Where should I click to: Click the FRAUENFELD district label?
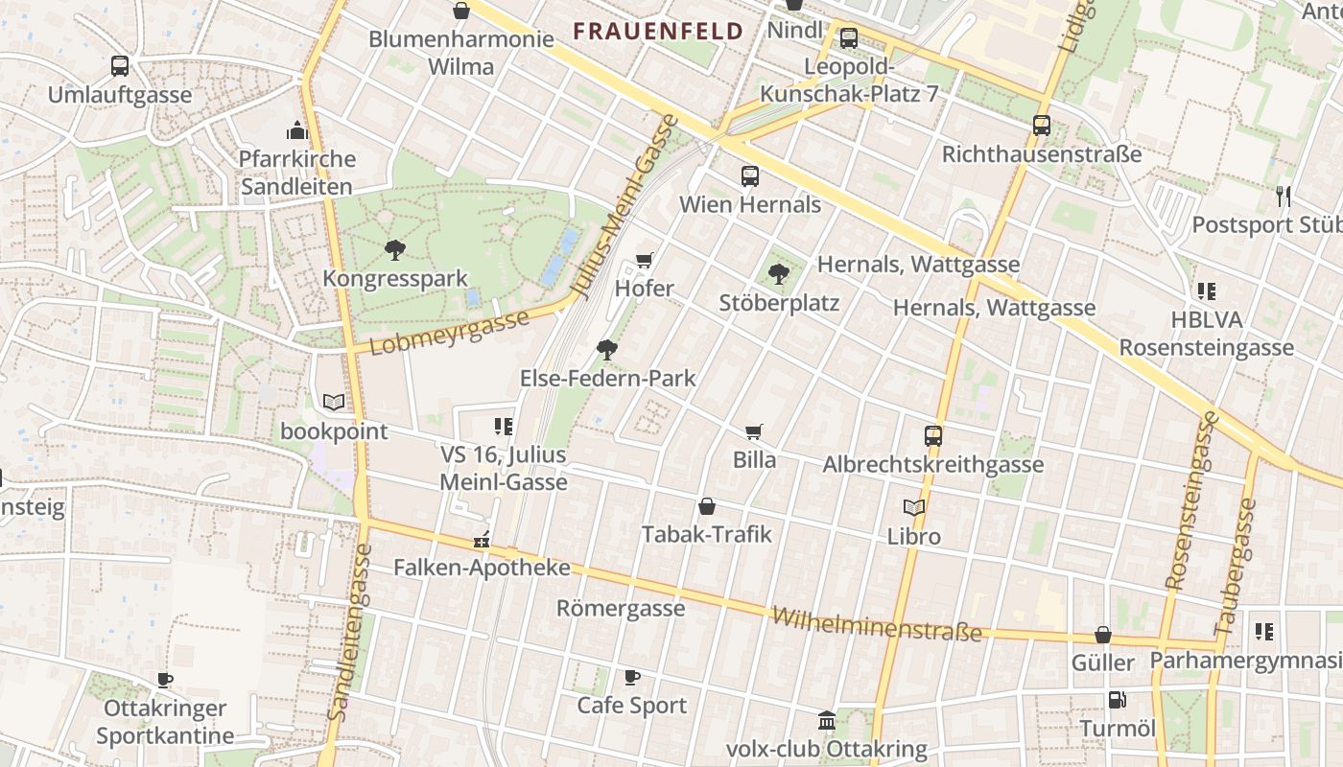[x=658, y=31]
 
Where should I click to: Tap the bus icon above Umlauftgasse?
[x=120, y=66]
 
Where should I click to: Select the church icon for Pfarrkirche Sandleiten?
[x=297, y=129]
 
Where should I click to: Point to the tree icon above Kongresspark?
[x=394, y=250]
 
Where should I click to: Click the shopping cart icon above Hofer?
[x=645, y=260]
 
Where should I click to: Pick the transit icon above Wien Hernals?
[x=750, y=176]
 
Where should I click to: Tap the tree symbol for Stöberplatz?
[x=779, y=274]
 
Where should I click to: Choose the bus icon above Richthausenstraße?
[x=1042, y=125]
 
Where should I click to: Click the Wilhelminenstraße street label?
[x=877, y=623]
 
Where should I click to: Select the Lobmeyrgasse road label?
[x=449, y=332]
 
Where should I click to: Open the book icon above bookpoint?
[x=333, y=403]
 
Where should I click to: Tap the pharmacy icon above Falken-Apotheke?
[x=482, y=541]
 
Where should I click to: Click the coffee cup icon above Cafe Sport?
[x=632, y=678]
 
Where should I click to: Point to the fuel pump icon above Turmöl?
[x=1117, y=700]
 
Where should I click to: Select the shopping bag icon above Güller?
[x=1103, y=635]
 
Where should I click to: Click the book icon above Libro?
[x=914, y=507]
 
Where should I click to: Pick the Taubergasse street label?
[x=1236, y=566]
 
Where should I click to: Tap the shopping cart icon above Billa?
[x=754, y=431]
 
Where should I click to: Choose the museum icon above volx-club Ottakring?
[x=827, y=720]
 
